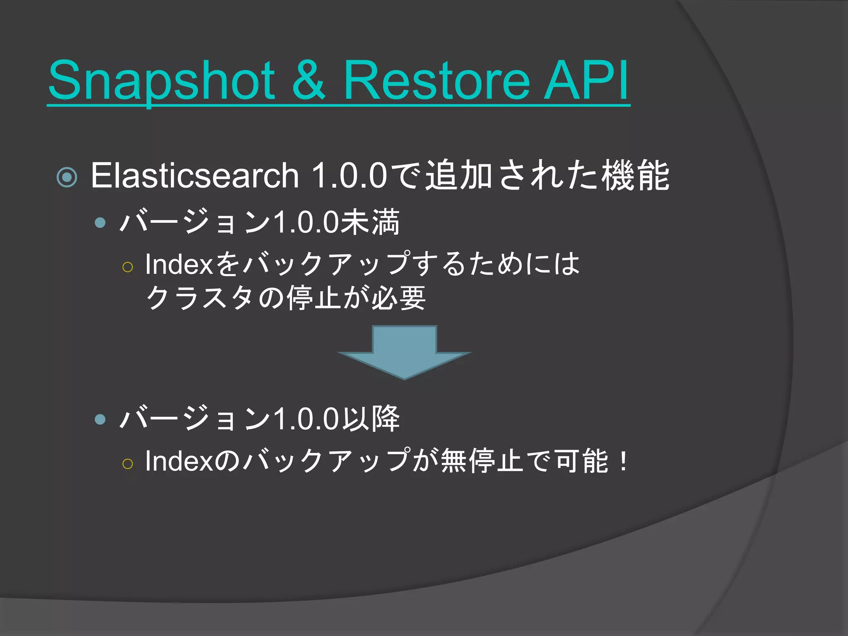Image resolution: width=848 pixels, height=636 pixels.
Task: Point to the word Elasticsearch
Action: [195, 176]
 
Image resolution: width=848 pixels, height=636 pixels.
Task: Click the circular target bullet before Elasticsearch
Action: [67, 177]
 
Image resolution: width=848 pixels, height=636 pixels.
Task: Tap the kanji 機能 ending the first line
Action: [635, 176]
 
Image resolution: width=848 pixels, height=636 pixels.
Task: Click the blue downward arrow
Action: [404, 352]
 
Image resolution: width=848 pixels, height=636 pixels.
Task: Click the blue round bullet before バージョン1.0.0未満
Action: [100, 223]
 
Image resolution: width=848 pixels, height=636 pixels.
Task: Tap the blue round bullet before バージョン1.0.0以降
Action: [100, 419]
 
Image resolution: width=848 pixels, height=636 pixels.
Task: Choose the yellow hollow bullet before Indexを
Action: [128, 267]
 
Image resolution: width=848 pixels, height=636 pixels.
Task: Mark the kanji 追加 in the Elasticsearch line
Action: [459, 176]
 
